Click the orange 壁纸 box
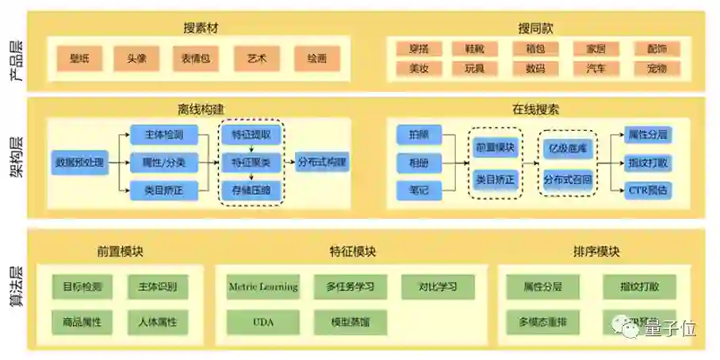79,58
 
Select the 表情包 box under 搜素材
196,58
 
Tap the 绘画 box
316,58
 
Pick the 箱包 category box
535,49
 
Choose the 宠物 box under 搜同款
657,68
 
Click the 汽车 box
596,68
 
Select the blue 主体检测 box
164,136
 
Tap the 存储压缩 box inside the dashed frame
251,190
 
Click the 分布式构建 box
322,163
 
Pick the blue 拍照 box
419,136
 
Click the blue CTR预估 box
648,190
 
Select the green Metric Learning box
262,286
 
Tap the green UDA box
262,321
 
